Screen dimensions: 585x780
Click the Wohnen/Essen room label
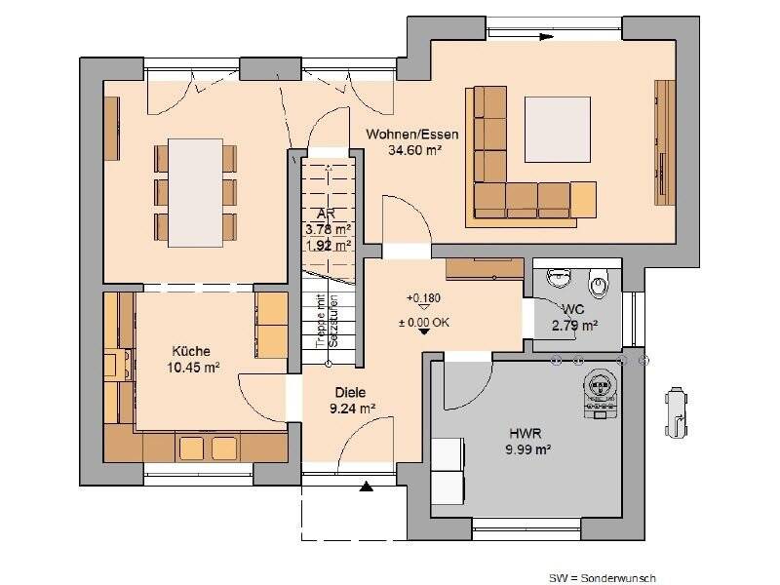tap(412, 135)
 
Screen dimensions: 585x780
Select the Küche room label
tap(190, 351)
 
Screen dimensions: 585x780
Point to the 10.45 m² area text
tap(192, 368)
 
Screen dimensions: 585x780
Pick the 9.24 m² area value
tap(353, 409)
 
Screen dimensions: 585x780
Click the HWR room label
tap(525, 433)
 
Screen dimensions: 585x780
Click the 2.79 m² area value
tap(574, 326)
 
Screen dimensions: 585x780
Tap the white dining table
tap(195, 190)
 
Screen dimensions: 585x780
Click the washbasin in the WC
tap(560, 279)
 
